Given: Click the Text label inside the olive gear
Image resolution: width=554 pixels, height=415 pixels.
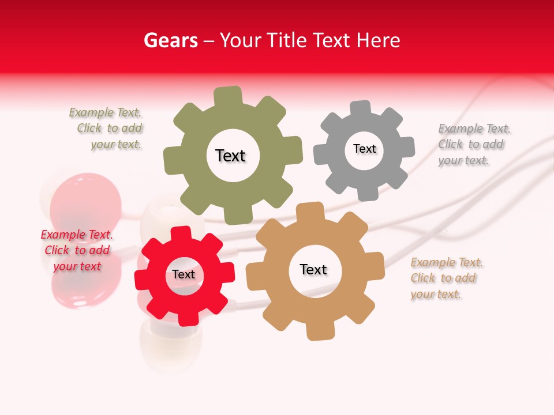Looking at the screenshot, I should tap(230, 156).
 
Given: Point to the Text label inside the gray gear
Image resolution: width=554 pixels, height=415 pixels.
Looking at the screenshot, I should tap(364, 149).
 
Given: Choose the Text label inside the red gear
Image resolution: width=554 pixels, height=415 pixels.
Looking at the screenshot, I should tap(184, 274).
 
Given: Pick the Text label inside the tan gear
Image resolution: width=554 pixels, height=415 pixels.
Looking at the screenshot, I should tap(313, 269).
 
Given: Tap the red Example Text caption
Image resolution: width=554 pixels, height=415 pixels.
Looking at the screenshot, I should tap(77, 250).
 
